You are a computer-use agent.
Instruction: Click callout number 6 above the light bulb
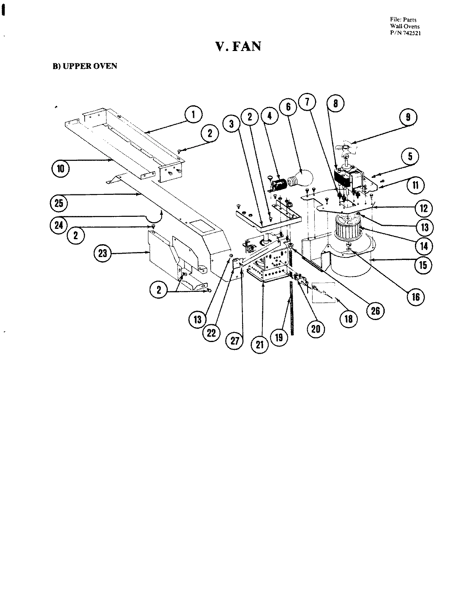[x=289, y=107]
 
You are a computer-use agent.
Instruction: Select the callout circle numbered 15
[x=422, y=264]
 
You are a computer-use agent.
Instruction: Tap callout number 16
[x=416, y=296]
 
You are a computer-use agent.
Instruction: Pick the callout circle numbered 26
[x=375, y=311]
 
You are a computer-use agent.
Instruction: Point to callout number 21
[x=260, y=344]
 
